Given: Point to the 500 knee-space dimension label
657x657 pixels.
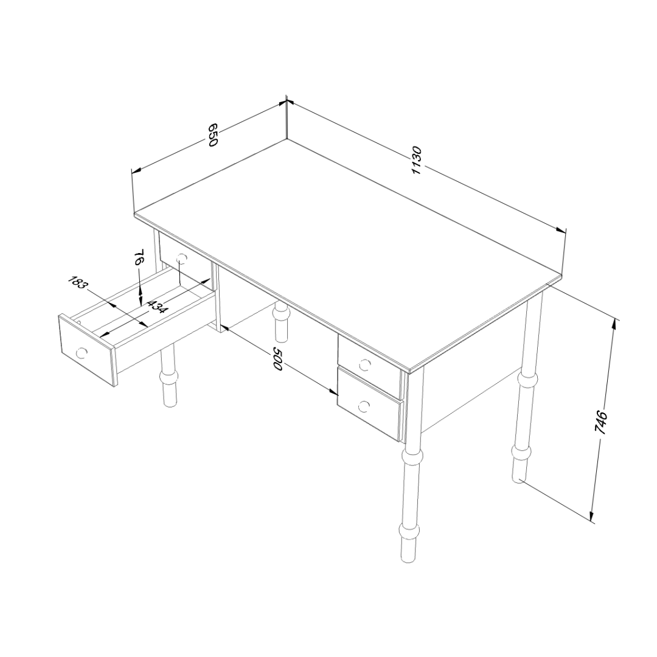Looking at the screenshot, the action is (279, 358).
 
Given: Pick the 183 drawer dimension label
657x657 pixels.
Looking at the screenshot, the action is (78, 283).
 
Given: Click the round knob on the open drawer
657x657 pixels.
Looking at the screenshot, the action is (82, 352).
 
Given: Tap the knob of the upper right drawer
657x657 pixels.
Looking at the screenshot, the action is (365, 365).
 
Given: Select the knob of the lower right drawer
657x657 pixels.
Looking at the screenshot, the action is (364, 406).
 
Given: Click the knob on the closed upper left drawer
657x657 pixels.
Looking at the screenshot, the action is (181, 259).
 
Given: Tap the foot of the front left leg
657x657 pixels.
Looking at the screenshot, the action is (169, 398).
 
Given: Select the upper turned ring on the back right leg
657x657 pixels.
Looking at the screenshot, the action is (527, 380).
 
